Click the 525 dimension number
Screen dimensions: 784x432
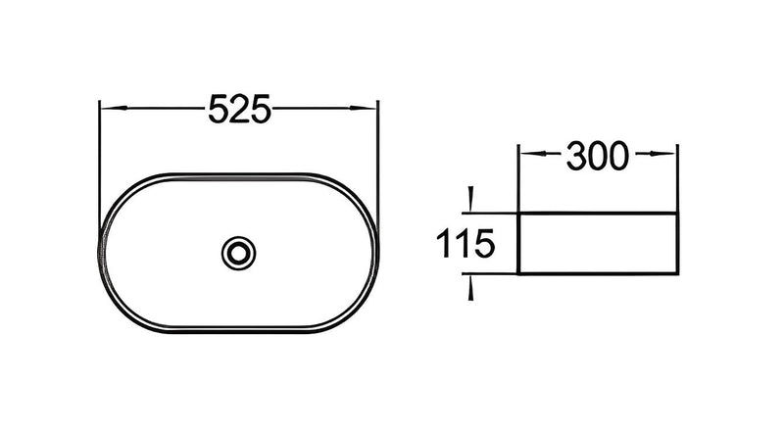pyautogui.click(x=239, y=109)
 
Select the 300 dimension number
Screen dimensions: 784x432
pyautogui.click(x=598, y=156)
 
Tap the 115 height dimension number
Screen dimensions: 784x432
pyautogui.click(x=465, y=244)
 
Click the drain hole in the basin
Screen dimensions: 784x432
pyautogui.click(x=238, y=253)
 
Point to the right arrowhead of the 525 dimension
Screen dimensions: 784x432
pyautogui.click(x=364, y=108)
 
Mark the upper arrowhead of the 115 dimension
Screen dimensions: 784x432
pyautogui.click(x=469, y=200)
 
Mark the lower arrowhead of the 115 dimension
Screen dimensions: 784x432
pyautogui.click(x=470, y=287)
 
